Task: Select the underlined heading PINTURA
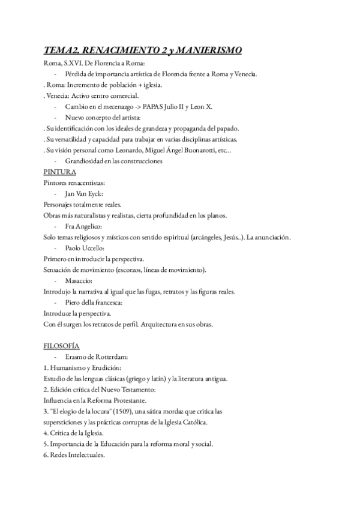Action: pyautogui.click(x=60, y=172)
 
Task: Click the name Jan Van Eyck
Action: pyautogui.click(x=84, y=193)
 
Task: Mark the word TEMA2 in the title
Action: pyautogui.click(x=62, y=52)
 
